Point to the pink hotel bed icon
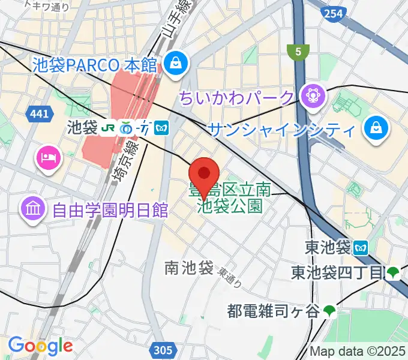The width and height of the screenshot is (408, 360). (x=47, y=158)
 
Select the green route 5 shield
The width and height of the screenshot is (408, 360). (x=297, y=52)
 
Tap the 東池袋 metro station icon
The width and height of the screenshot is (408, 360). (x=361, y=246)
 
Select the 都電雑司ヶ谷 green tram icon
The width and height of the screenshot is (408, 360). (x=329, y=310)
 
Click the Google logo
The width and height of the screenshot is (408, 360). (x=40, y=346)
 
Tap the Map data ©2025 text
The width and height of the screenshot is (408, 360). (x=358, y=351)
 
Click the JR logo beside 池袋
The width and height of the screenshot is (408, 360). (x=109, y=128)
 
